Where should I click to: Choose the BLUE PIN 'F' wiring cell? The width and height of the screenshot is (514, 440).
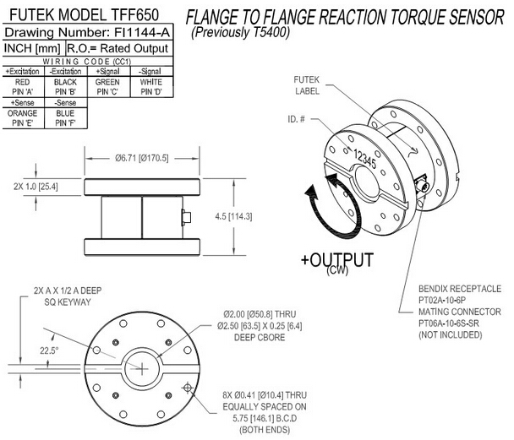[64, 117]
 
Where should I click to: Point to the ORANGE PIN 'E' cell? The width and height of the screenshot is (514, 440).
[21, 117]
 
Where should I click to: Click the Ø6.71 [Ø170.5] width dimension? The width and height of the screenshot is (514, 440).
[142, 158]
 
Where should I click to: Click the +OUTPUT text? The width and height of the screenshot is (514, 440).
[336, 258]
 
